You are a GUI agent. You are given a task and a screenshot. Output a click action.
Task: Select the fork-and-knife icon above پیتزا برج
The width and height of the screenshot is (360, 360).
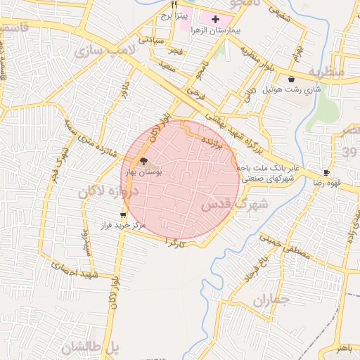174,4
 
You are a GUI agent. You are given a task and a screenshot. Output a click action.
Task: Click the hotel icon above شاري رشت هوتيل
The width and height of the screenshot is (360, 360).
291,79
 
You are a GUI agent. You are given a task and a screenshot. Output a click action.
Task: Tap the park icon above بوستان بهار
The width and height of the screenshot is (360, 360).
144,161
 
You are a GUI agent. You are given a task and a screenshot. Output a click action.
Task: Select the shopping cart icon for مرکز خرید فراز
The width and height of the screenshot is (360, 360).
124,215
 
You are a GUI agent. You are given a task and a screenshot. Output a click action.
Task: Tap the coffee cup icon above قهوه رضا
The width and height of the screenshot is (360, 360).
326,172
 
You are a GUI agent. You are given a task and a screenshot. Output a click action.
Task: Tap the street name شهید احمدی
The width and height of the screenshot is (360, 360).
73,268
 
